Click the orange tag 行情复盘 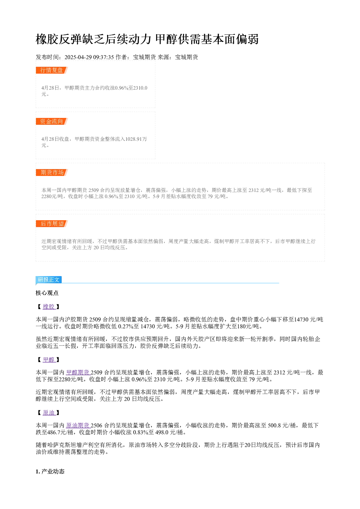(52, 70)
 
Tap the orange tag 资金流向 (52, 121)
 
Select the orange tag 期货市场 (52, 172)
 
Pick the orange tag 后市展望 (52, 223)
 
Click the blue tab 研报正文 (49, 280)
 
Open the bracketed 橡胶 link (49, 307)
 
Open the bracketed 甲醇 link (49, 360)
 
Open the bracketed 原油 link (49, 412)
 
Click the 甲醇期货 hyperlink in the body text (78, 373)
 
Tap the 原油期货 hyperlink (78, 426)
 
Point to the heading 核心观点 (47, 293)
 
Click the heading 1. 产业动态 (50, 472)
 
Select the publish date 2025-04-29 (78, 57)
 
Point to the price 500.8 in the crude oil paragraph (274, 426)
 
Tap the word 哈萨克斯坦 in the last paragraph (59, 445)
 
